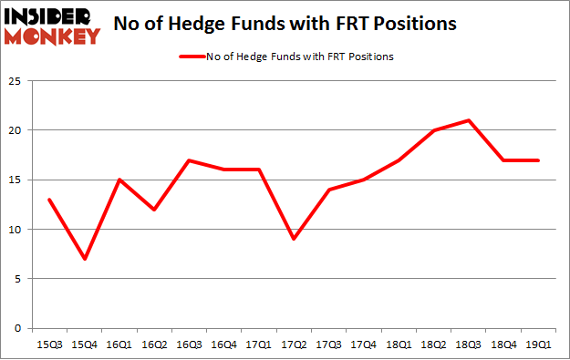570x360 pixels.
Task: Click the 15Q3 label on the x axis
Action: click(x=48, y=345)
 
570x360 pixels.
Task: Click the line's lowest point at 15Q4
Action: click(x=84, y=259)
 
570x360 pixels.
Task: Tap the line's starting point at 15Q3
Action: click(x=48, y=200)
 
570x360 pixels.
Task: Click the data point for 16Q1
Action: click(x=119, y=180)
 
